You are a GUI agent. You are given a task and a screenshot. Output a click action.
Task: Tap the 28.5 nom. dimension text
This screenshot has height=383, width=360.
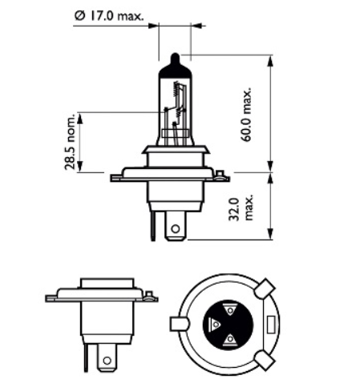pyautogui.click(x=71, y=142)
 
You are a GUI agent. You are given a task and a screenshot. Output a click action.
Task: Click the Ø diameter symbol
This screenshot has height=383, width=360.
pyautogui.click(x=79, y=15)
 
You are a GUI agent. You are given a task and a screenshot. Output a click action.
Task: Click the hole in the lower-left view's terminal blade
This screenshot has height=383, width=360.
pyautogui.click(x=105, y=363)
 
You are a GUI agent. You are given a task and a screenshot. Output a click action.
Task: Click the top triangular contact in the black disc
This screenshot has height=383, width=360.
pyautogui.click(x=229, y=309)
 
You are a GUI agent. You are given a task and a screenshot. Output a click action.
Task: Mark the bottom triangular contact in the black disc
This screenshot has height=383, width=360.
pyautogui.click(x=230, y=339)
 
